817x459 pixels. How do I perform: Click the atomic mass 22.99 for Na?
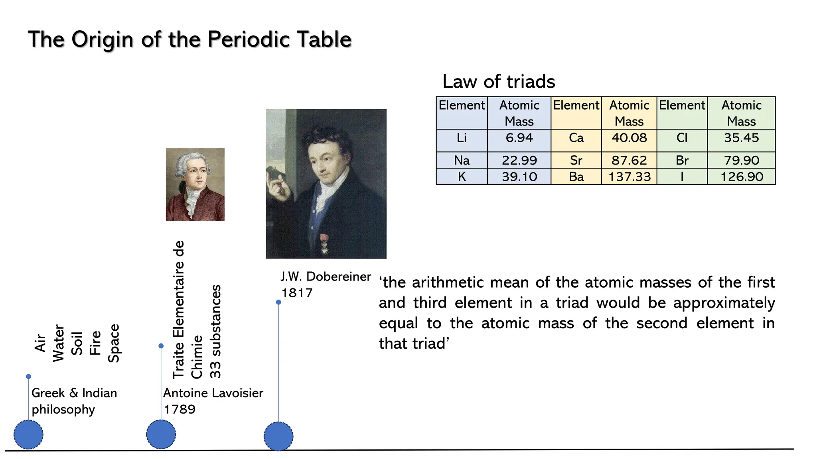point(519,160)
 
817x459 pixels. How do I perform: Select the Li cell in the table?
point(462,138)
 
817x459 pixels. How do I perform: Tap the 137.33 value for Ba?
point(629,177)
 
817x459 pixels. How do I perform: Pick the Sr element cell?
point(576,160)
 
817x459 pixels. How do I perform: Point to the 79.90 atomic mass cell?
point(741,160)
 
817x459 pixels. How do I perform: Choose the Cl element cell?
point(682,138)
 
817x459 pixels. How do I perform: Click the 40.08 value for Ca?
point(629,138)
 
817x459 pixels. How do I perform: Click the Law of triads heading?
point(499,82)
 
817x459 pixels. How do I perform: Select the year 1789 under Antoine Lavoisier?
point(180,409)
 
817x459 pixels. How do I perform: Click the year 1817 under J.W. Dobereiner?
point(297,293)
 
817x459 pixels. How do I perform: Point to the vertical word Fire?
point(95,343)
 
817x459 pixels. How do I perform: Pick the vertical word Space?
point(114,343)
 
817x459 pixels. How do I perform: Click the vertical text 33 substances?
point(215,331)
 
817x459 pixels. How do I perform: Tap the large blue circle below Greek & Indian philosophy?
point(28,434)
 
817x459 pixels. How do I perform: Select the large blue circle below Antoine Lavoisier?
point(161,434)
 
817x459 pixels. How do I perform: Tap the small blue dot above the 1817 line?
point(278,302)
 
